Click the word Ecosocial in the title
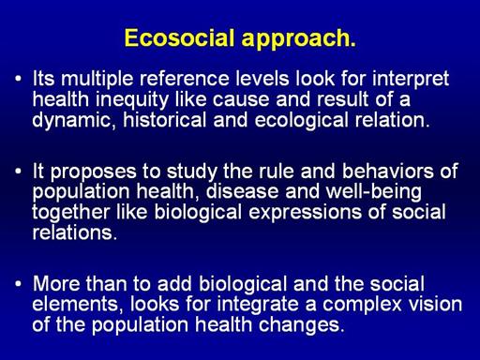tap(179, 38)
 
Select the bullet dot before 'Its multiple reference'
tap(19, 78)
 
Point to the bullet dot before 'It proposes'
tap(19, 172)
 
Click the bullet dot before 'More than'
tap(19, 283)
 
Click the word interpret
tap(411, 80)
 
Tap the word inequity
tap(132, 100)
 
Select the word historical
tap(165, 120)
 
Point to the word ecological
tap(301, 121)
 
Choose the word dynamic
tap(71, 121)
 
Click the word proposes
tap(94, 172)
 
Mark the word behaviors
tap(388, 171)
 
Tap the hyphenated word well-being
tap(373, 192)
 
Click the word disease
tap(242, 191)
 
